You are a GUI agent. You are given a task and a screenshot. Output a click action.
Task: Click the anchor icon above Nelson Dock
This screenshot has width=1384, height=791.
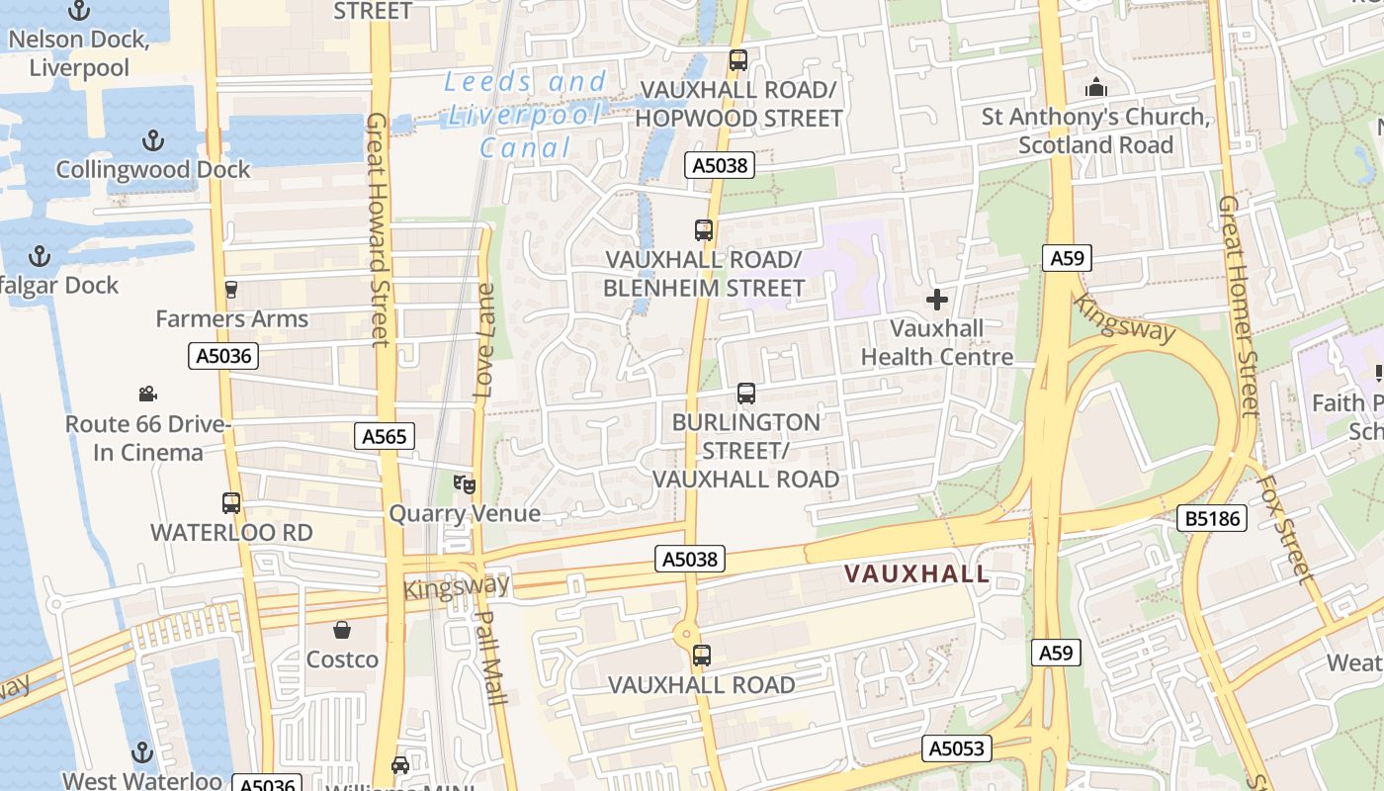(x=78, y=11)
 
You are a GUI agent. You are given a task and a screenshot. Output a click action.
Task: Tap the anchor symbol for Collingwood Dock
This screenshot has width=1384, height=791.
(x=152, y=140)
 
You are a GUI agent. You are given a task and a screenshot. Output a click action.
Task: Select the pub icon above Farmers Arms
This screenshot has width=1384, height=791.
(x=231, y=289)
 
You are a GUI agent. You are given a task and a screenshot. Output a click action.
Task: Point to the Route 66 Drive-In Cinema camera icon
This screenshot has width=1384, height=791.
(x=147, y=394)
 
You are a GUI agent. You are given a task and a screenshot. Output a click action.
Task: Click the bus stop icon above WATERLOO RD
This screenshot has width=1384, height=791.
(x=231, y=502)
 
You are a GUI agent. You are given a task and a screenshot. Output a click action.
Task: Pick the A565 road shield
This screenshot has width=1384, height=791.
(x=384, y=436)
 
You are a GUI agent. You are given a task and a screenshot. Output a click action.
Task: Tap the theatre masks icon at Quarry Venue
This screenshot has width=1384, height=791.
(x=464, y=483)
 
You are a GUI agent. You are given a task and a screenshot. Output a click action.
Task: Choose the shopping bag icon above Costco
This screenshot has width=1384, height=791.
(x=342, y=630)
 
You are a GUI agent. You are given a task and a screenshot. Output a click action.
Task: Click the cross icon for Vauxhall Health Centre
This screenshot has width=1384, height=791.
(x=937, y=299)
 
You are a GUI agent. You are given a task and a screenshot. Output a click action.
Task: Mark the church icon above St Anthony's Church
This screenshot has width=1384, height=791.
(x=1095, y=88)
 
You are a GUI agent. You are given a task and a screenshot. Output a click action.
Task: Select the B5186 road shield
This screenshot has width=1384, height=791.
(x=1212, y=518)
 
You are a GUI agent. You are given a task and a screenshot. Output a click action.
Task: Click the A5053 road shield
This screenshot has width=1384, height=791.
(x=958, y=748)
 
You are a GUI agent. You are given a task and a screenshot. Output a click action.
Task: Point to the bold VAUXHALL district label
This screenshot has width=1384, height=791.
(x=916, y=573)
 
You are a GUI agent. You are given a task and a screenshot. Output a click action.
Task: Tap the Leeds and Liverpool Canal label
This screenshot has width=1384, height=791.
(x=525, y=115)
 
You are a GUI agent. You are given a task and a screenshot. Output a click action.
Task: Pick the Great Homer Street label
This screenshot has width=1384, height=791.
(x=1237, y=307)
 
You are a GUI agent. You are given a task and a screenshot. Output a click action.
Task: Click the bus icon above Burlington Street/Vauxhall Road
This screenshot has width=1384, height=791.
(x=746, y=394)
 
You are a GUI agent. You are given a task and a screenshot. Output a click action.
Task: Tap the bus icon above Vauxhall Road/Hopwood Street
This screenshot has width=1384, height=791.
(x=737, y=59)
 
